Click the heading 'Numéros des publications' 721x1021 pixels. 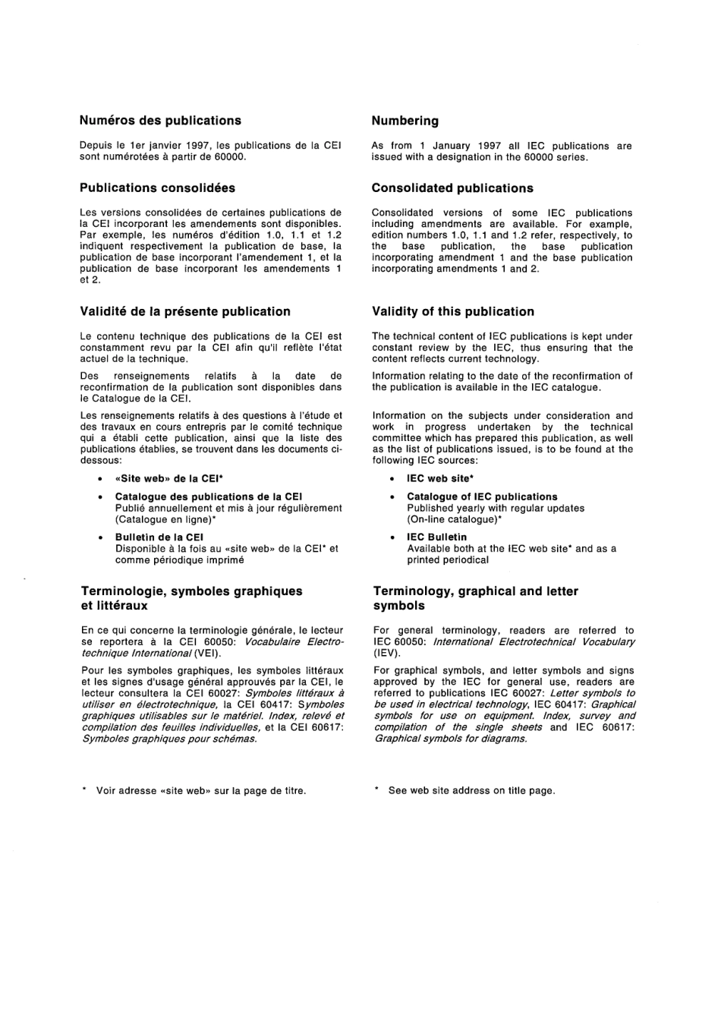pyautogui.click(x=160, y=121)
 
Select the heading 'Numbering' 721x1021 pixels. pyautogui.click(x=405, y=121)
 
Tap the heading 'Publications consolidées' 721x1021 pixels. pyautogui.click(x=157, y=188)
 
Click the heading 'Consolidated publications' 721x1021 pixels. pyautogui.click(x=452, y=188)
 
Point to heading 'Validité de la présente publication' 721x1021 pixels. pyautogui.click(x=185, y=311)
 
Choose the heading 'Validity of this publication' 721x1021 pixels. pyautogui.click(x=452, y=311)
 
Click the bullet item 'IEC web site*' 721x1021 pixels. pyautogui.click(x=440, y=479)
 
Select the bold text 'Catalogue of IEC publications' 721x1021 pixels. pyautogui.click(x=482, y=496)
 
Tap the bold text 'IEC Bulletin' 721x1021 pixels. pyautogui.click(x=436, y=537)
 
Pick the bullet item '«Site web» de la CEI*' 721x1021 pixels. pyautogui.click(x=168, y=479)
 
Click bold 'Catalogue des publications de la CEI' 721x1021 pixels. pyautogui.click(x=209, y=496)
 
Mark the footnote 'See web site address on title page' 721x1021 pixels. pyautogui.click(x=471, y=791)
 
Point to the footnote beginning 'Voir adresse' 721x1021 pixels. pyautogui.click(x=200, y=791)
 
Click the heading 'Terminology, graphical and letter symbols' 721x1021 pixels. pyautogui.click(x=475, y=598)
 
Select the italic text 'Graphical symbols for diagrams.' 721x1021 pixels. pyautogui.click(x=450, y=739)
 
